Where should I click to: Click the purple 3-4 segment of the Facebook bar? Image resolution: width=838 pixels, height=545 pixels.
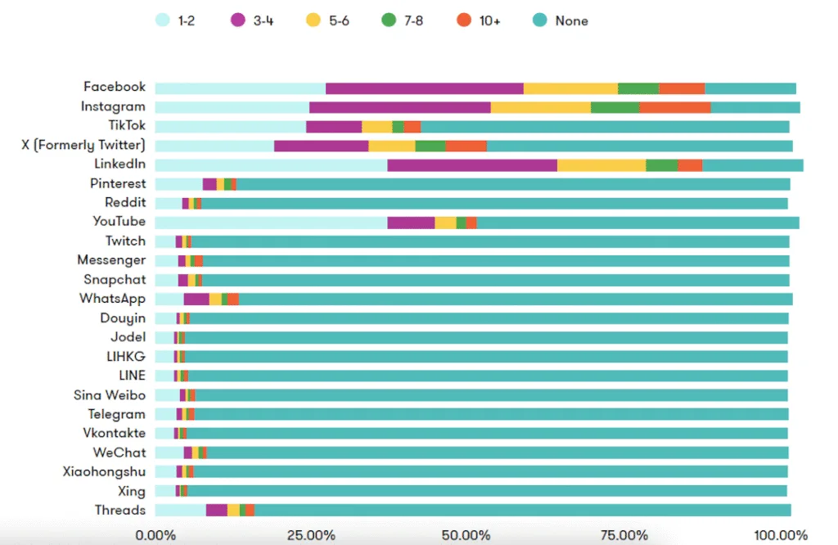[424, 88]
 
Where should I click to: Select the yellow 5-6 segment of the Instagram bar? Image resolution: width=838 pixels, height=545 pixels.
[540, 107]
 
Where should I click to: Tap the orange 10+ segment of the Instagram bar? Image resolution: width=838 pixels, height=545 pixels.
[674, 107]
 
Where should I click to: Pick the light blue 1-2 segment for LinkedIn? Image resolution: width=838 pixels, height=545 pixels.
[271, 165]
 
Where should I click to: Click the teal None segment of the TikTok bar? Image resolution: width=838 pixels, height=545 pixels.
[605, 127]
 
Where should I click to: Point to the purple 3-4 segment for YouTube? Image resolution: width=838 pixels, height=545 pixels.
[411, 223]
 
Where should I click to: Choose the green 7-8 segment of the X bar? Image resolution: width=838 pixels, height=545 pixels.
[430, 146]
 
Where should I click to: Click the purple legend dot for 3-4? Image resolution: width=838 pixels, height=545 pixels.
[239, 20]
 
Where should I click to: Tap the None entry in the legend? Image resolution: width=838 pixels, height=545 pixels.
[571, 20]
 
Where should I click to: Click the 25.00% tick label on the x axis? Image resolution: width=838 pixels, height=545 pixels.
[311, 535]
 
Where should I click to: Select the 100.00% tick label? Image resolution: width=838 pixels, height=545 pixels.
[781, 535]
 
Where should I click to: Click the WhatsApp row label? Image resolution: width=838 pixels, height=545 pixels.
[112, 299]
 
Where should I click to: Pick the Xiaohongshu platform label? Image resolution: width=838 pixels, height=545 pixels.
[104, 471]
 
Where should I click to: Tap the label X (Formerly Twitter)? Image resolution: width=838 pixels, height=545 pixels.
[83, 146]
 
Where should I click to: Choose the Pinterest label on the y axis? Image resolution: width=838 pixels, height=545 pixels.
[118, 184]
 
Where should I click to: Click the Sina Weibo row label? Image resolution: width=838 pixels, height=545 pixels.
[110, 395]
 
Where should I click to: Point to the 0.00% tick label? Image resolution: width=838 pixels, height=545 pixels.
[155, 535]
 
